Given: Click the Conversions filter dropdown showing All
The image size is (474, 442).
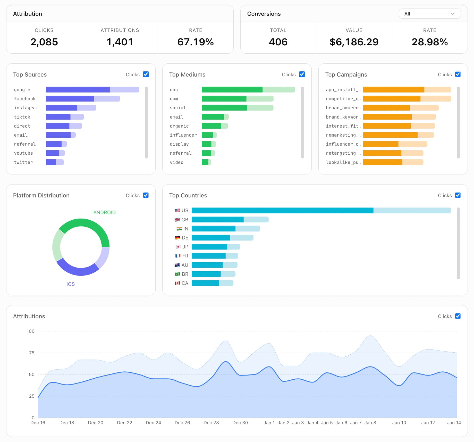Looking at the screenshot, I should [429, 14].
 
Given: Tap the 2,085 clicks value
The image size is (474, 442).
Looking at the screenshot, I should [44, 42].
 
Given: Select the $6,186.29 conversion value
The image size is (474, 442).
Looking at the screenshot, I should [354, 42].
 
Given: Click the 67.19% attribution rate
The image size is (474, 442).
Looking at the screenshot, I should [196, 42].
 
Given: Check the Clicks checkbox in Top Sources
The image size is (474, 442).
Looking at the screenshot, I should [146, 74].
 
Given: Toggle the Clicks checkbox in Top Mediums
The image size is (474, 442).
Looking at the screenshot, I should [302, 74].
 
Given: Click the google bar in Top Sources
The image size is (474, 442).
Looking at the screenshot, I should [92, 90].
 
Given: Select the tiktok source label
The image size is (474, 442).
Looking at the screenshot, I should [22, 117].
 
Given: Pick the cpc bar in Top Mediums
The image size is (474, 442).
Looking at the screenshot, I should [248, 90].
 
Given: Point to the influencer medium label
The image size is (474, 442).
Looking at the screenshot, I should [183, 135].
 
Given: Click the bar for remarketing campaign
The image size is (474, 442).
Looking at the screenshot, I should [398, 135].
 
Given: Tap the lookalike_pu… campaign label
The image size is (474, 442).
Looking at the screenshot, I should [343, 162].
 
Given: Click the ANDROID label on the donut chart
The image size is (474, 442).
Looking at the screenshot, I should [104, 212].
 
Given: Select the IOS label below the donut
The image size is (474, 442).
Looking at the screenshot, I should [71, 284].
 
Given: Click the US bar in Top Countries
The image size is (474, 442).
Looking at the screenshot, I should [321, 211].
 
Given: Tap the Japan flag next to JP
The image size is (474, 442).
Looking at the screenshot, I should [178, 247].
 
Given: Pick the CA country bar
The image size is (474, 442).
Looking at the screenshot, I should [212, 283].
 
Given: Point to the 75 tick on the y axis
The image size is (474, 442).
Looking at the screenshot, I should [31, 353].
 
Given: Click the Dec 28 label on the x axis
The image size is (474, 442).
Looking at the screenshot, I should [211, 423].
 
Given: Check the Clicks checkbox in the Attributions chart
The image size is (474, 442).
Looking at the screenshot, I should [458, 316].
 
